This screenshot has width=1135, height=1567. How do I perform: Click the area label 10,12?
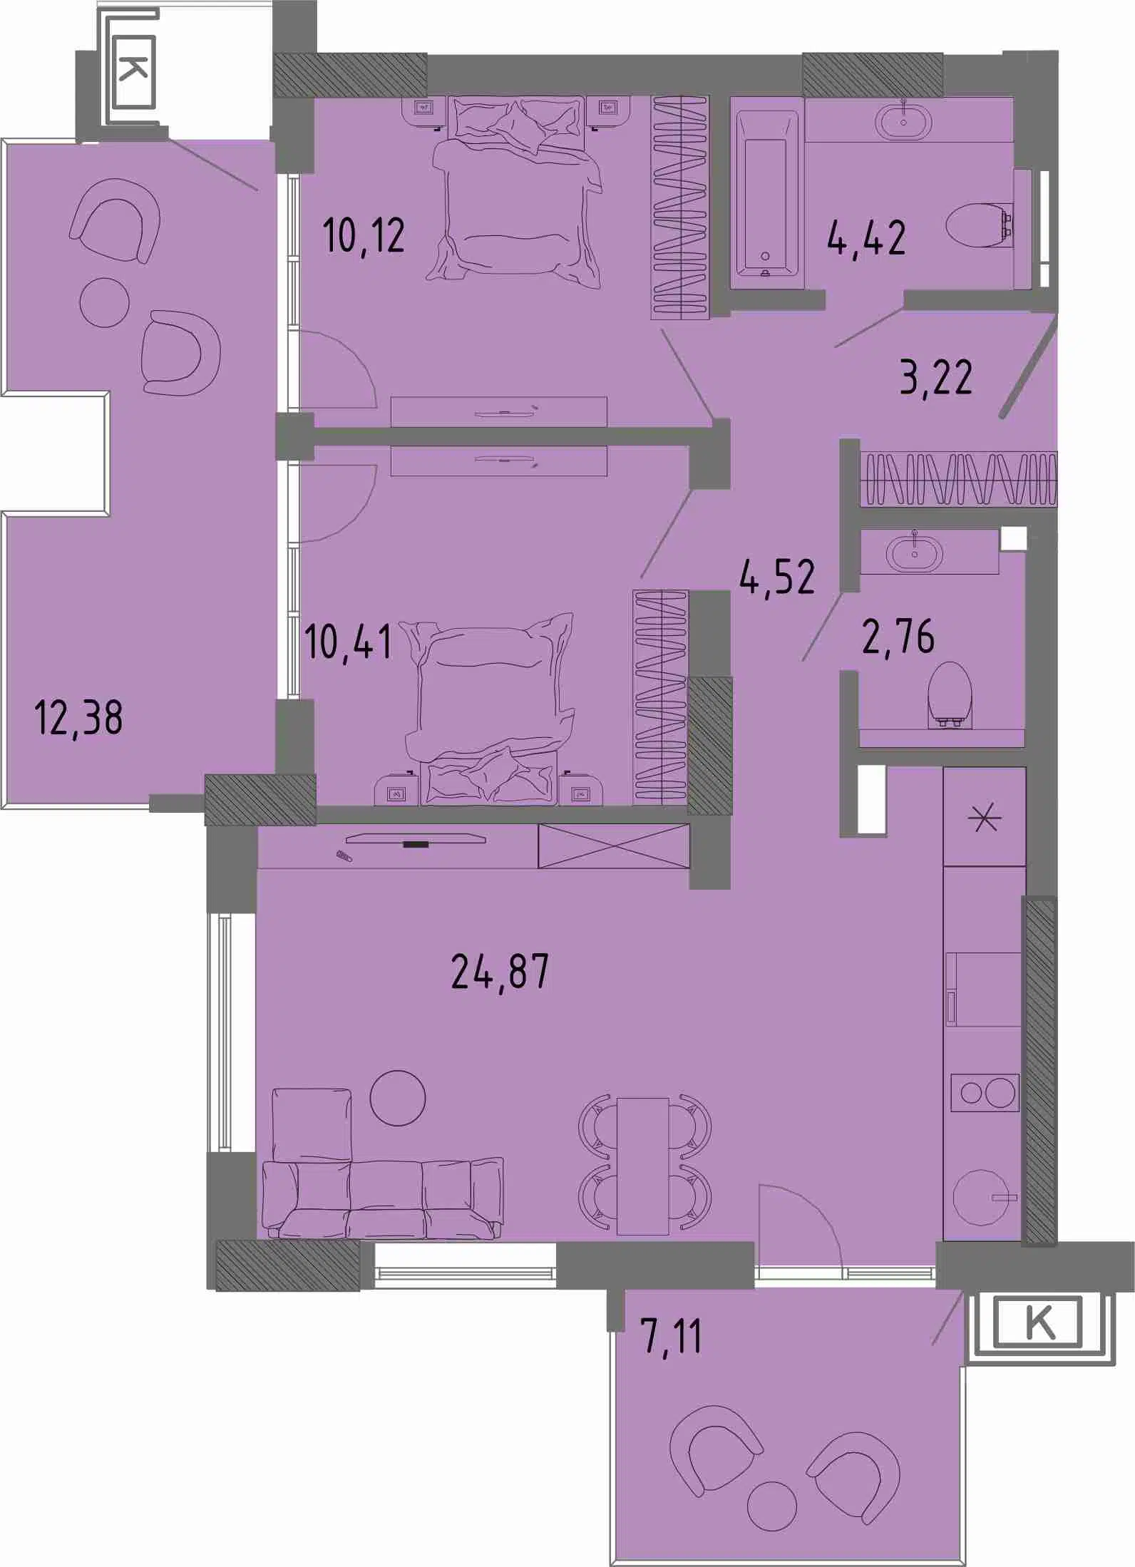pyautogui.click(x=364, y=235)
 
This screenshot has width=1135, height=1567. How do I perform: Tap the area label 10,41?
pyautogui.click(x=348, y=641)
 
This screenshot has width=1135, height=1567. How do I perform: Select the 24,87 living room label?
pyautogui.click(x=500, y=970)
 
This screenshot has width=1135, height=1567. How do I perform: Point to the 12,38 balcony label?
pyautogui.click(x=78, y=717)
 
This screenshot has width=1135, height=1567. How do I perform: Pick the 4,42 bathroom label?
pyautogui.click(x=866, y=237)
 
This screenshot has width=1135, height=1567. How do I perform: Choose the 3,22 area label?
pyautogui.click(x=936, y=377)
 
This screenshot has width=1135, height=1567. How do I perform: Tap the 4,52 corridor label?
pyautogui.click(x=777, y=577)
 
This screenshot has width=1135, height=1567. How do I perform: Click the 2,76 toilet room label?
pyautogui.click(x=898, y=636)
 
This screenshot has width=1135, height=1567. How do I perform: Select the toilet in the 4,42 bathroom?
pyautogui.click(x=980, y=225)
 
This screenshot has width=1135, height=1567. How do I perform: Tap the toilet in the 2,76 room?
pyautogui.click(x=950, y=695)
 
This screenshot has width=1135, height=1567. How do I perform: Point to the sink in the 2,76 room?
pyautogui.click(x=914, y=552)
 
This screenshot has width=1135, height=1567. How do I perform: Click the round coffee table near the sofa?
pyautogui.click(x=398, y=1098)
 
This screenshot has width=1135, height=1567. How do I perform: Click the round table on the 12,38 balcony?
pyautogui.click(x=105, y=302)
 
